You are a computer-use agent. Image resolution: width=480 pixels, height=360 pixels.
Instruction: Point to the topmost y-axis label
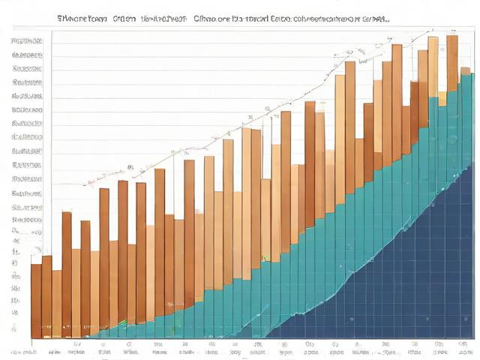click(27, 40)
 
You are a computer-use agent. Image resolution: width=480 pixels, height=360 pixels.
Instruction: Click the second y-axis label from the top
click(27, 55)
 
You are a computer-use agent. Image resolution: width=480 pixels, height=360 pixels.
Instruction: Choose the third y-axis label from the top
click(27, 68)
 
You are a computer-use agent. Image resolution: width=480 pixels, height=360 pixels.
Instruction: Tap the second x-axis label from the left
click(55, 350)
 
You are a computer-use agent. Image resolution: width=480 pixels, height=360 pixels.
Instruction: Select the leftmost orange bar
click(35, 300)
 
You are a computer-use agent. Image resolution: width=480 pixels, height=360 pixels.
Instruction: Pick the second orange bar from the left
click(46, 296)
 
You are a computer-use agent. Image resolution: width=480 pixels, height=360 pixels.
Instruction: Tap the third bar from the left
click(57, 304)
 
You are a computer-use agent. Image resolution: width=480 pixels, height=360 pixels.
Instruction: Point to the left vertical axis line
click(31, 187)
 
